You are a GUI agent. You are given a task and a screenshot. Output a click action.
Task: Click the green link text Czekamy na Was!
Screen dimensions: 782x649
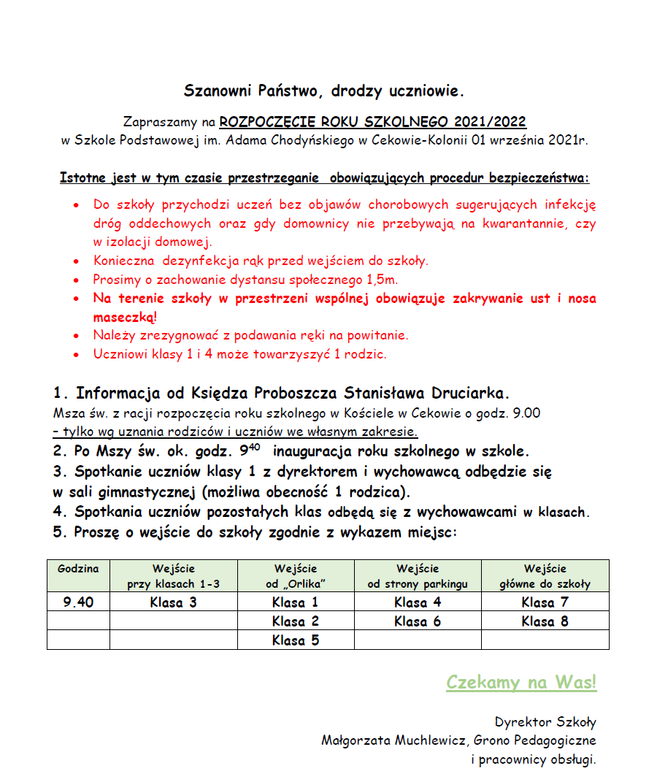click(x=521, y=683)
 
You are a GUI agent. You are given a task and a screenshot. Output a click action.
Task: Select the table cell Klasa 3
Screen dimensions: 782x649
click(x=174, y=602)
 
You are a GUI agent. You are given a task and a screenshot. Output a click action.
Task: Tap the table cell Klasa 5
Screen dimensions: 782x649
click(x=296, y=640)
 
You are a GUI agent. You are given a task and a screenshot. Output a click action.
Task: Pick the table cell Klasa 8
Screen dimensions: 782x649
click(x=545, y=621)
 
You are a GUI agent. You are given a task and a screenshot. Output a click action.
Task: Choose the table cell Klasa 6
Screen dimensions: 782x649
click(x=418, y=621)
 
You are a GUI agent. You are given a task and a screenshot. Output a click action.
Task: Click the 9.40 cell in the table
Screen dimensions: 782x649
click(x=78, y=602)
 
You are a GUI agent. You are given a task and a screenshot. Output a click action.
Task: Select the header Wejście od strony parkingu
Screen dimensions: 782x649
click(x=418, y=576)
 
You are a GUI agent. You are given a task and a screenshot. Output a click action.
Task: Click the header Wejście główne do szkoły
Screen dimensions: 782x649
click(x=545, y=576)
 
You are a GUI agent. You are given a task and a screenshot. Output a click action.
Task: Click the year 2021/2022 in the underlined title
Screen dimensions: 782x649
click(x=489, y=121)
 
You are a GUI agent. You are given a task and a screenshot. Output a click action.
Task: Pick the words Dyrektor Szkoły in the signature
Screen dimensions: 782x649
click(x=545, y=722)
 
